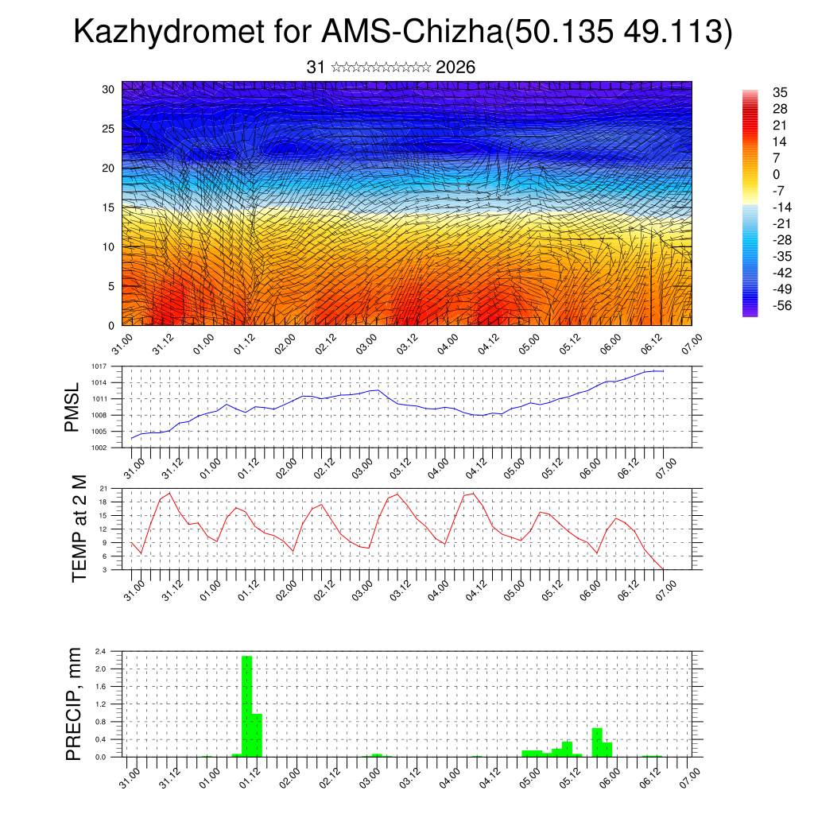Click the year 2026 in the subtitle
tap(455, 68)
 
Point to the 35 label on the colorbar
tap(780, 92)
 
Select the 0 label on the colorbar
tap(776, 174)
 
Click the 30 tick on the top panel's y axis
tap(108, 89)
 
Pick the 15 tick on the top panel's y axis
tap(108, 207)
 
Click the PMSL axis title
tap(73, 407)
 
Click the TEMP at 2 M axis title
tap(79, 529)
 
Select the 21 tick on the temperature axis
tap(103, 488)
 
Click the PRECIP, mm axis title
tap(74, 704)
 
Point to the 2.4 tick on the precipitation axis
tap(100, 651)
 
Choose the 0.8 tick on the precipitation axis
tap(100, 722)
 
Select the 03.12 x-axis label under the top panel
tap(407, 343)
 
